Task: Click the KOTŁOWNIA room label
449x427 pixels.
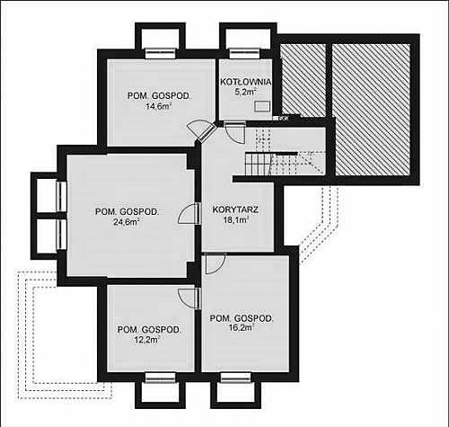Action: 246,82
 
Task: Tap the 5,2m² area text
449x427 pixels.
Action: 245,92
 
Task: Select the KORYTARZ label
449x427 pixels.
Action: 235,209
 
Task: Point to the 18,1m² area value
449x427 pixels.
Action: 236,220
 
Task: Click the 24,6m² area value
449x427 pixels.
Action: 126,222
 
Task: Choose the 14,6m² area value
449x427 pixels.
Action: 158,107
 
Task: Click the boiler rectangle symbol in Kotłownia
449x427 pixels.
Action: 262,106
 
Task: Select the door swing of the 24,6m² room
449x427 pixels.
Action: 189,213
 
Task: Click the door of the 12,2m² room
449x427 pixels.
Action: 189,298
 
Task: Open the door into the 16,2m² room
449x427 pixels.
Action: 216,263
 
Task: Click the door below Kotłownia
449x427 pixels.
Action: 235,132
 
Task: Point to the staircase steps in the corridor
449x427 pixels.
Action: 258,164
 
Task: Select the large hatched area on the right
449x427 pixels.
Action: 371,110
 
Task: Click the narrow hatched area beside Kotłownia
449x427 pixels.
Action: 304,79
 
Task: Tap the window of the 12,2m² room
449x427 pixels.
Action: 160,378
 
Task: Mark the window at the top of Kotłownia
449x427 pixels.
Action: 244,53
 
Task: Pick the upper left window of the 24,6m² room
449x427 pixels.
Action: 61,197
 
